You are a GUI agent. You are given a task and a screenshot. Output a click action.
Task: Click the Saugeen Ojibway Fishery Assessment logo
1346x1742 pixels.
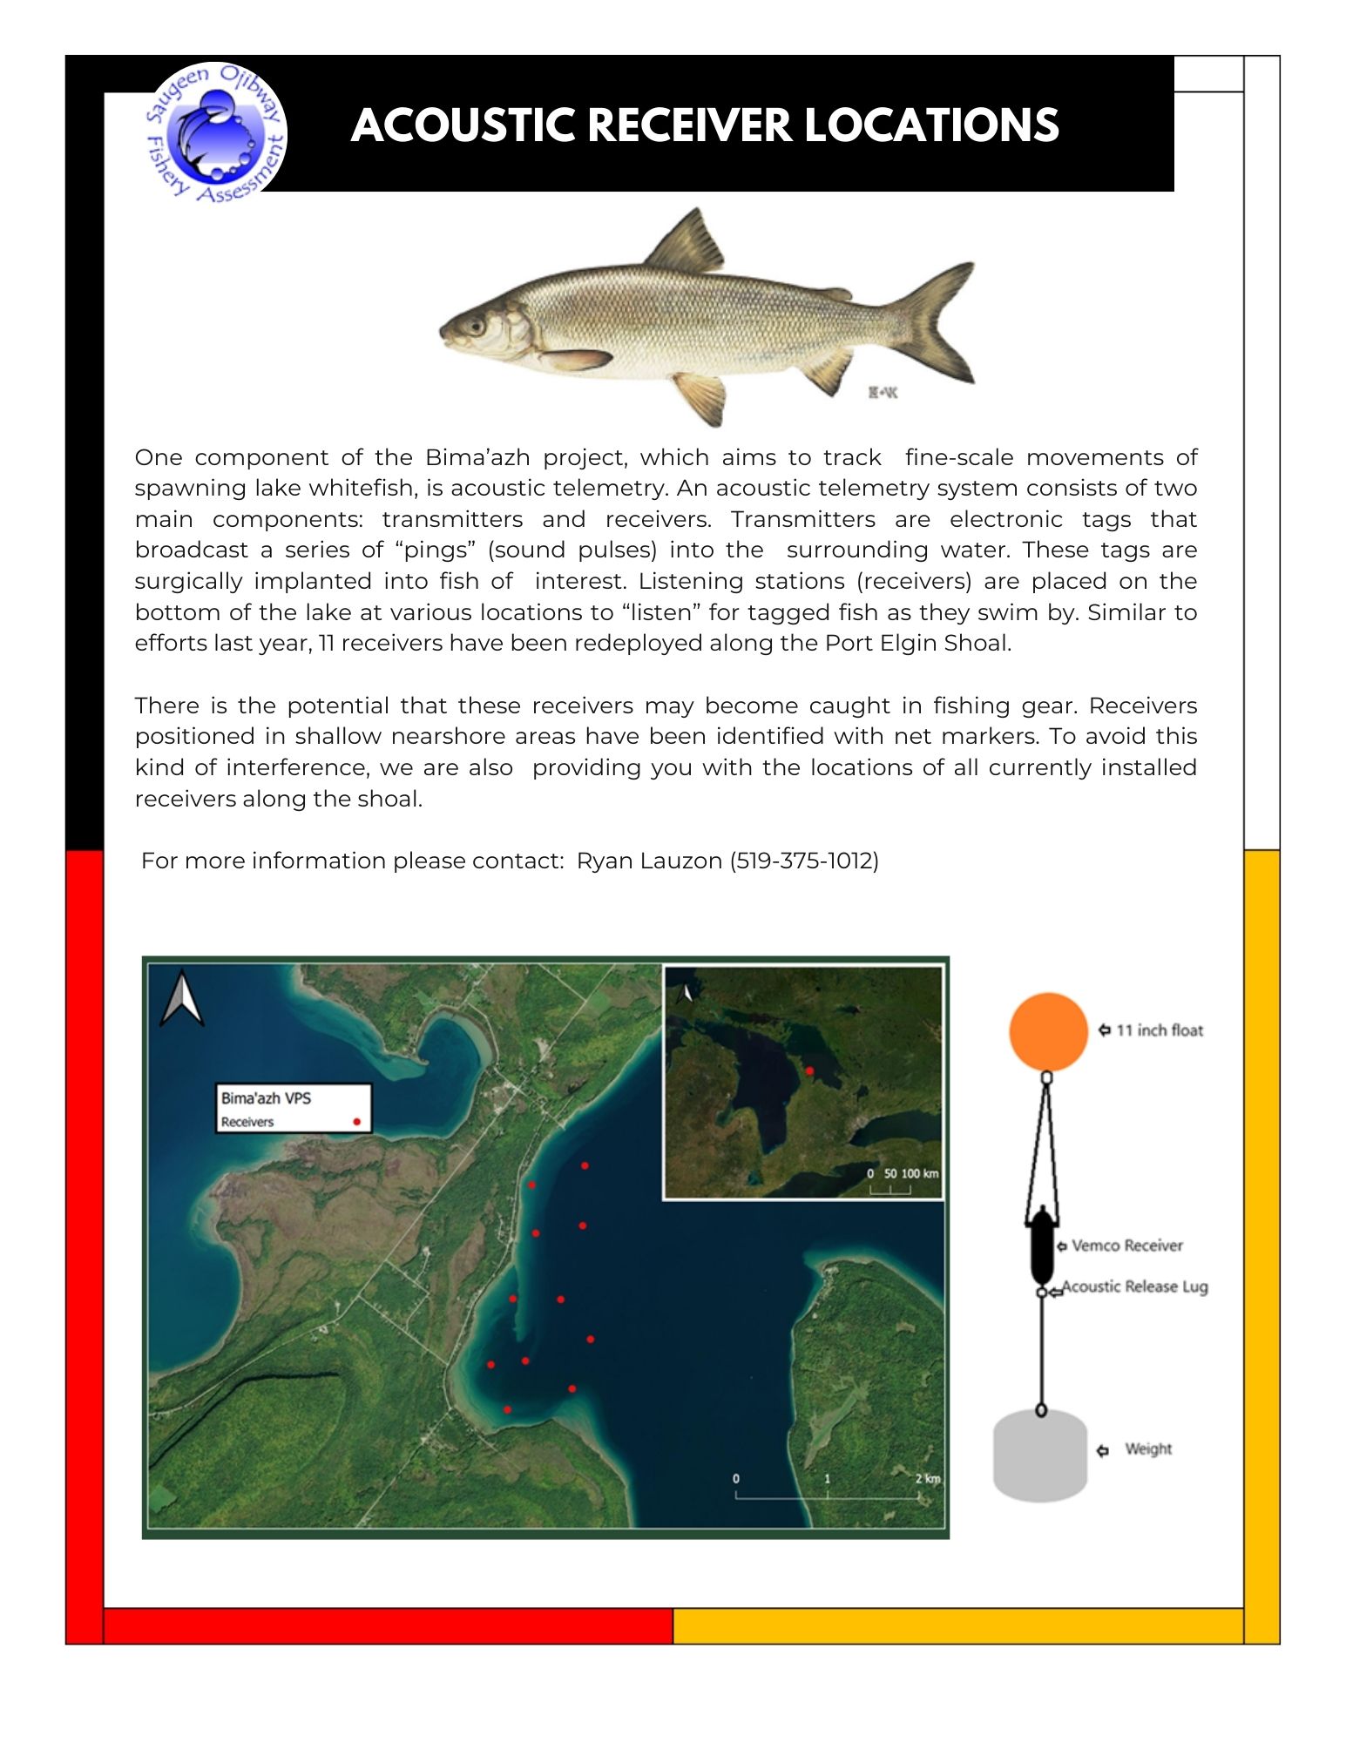pos(215,133)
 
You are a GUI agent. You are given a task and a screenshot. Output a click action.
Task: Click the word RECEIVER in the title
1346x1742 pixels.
pos(689,125)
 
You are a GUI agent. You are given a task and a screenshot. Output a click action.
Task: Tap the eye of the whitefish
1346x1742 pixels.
pos(476,327)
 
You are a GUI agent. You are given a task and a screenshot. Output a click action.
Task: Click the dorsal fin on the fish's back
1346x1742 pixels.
pos(687,242)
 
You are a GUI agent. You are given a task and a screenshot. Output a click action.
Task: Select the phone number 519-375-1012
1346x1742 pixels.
pos(804,861)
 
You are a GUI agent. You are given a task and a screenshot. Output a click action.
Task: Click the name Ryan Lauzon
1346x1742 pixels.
pos(649,861)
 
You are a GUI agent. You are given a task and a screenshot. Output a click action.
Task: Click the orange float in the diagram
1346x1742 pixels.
pos(1048,1031)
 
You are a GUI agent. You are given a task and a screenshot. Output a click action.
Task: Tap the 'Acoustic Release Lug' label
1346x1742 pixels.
pos(1134,1286)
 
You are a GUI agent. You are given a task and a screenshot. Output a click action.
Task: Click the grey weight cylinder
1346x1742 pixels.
pos(1040,1455)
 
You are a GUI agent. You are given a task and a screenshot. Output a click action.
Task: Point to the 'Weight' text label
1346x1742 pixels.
pos(1147,1448)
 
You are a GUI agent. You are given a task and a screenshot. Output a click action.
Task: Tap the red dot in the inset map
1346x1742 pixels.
pos(809,1070)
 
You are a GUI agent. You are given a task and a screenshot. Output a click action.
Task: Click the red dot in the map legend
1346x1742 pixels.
pos(356,1122)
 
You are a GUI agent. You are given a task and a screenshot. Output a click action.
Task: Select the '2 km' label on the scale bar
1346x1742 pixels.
pos(927,1478)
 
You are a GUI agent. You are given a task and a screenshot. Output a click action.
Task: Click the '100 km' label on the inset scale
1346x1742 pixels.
pos(919,1173)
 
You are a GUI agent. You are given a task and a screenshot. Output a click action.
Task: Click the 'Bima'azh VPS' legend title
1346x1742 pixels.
pos(266,1098)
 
